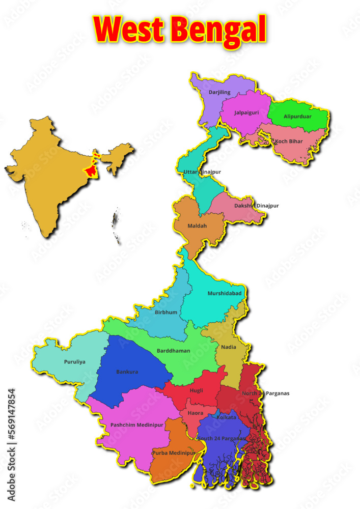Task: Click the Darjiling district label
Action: [220, 92]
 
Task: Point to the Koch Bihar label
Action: [289, 140]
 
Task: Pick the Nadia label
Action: [229, 347]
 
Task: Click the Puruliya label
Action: [75, 362]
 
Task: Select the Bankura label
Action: [127, 372]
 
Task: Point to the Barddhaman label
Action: [174, 351]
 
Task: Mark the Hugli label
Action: [196, 390]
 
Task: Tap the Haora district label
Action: [196, 413]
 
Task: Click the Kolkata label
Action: [227, 417]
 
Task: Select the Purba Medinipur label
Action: [174, 453]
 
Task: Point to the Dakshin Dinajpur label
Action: [256, 206]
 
